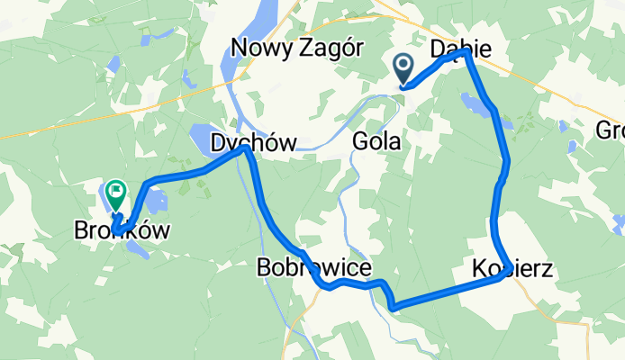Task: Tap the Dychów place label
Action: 240,142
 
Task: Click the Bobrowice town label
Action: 313,267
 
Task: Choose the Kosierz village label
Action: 512,267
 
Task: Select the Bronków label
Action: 122,231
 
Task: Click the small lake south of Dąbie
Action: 475,102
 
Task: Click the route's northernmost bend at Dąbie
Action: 466,53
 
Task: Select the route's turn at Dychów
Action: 244,149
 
